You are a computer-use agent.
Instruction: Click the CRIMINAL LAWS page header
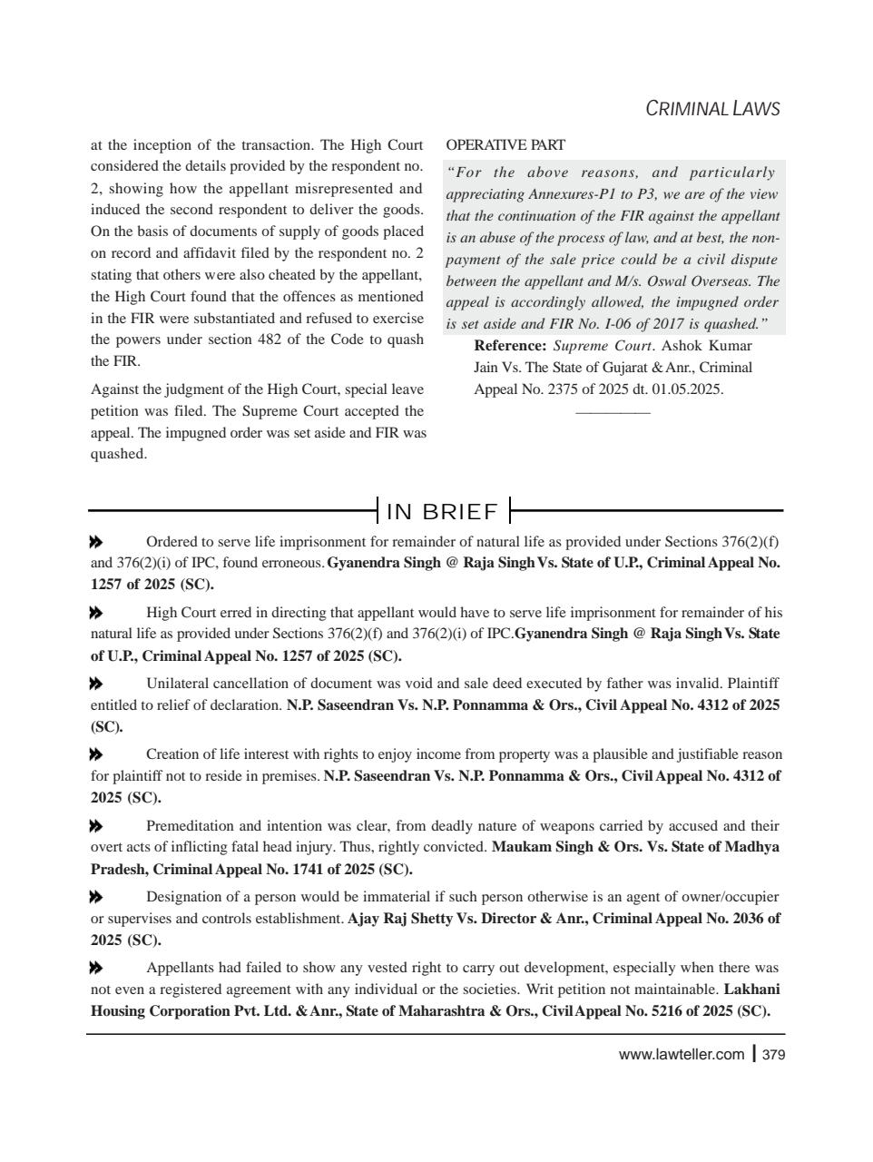[x=712, y=109]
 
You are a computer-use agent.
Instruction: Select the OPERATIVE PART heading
[x=505, y=145]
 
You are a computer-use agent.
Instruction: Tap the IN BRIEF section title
[x=443, y=512]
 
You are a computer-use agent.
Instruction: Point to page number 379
[x=773, y=1055]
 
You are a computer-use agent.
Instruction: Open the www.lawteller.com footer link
[x=681, y=1055]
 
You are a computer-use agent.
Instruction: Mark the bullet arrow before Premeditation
[x=96, y=826]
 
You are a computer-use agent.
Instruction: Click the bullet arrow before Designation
[x=96, y=897]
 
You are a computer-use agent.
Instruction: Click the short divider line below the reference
[x=613, y=413]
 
